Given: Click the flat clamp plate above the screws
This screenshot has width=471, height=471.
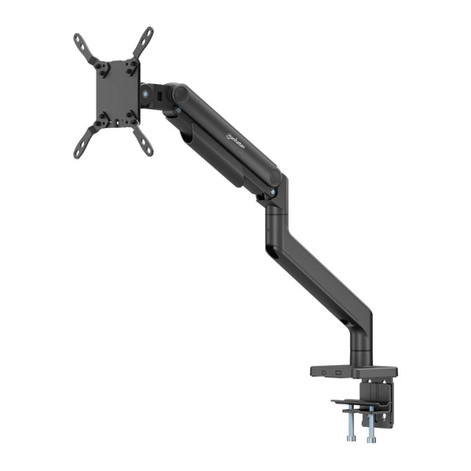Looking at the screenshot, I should point(357,403).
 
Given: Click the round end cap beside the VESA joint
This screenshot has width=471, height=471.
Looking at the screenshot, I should point(181,95).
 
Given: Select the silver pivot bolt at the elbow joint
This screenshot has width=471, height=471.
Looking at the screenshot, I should point(272,191).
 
